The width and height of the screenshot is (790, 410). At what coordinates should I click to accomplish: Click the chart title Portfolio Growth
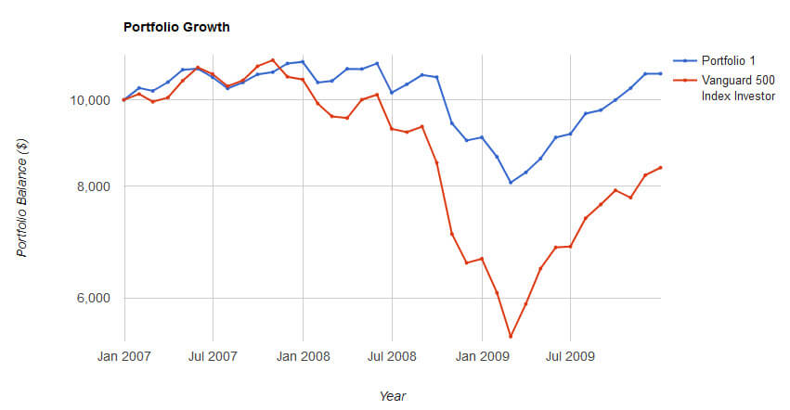176,27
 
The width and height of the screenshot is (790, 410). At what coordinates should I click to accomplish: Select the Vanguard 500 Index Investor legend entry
737,87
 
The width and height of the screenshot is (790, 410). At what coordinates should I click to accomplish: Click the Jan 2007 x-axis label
124,355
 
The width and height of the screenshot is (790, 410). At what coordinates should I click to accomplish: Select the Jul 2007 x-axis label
214,355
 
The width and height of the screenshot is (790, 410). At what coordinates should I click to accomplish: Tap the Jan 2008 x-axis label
303,355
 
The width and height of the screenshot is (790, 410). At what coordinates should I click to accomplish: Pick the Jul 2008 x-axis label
392,355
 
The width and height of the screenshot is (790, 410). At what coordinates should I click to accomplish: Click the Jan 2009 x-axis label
481,355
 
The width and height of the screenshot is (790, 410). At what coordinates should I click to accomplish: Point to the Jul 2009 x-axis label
570,355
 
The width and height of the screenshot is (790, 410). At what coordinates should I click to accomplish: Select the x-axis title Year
392,395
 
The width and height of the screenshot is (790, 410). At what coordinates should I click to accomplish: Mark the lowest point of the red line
511,337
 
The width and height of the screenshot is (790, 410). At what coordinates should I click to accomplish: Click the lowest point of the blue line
511,183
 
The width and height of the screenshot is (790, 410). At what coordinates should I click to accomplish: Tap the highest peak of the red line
273,60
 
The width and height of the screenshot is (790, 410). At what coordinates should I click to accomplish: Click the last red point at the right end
660,168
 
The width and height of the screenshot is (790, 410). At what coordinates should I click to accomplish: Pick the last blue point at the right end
660,73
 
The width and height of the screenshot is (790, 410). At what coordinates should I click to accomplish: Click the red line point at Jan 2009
481,259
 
